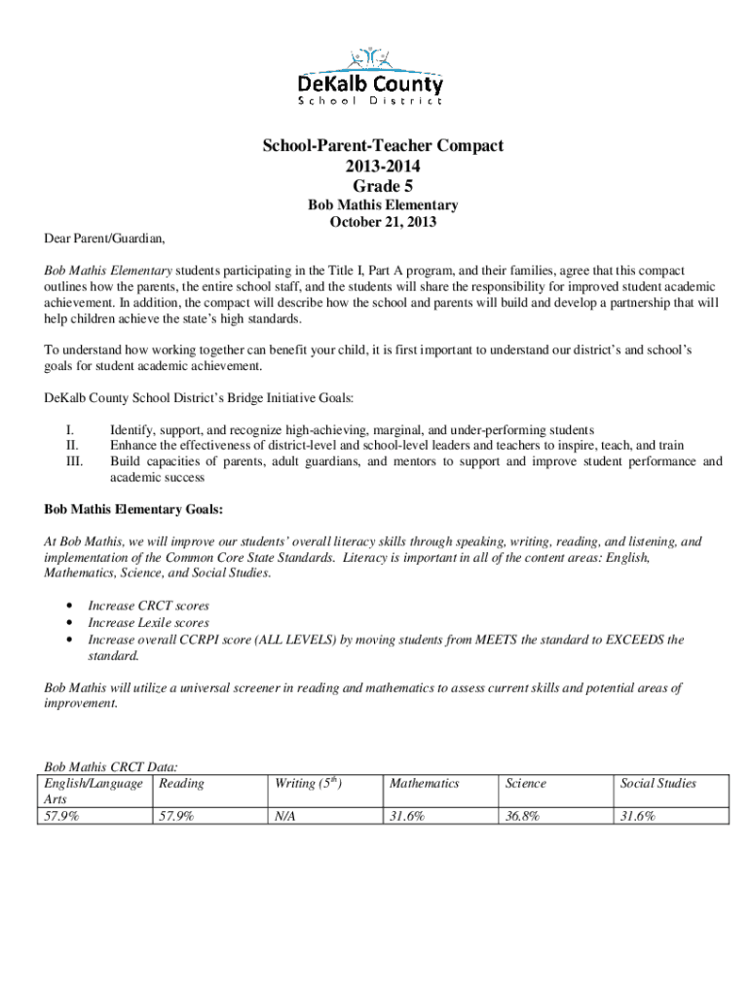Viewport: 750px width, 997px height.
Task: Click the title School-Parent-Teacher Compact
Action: pos(382,146)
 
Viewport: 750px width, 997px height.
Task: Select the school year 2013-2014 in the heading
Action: pos(382,166)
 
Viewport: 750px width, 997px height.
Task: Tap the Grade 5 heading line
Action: pos(382,185)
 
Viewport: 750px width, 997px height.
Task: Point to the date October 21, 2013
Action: pos(383,222)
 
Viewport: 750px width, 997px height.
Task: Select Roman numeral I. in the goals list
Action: pos(69,429)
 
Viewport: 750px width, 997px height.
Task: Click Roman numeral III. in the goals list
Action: pos(74,462)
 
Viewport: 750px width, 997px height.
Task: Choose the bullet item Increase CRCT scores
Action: pos(148,606)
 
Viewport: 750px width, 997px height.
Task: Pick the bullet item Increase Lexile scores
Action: pos(148,622)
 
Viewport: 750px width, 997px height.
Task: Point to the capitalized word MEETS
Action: pos(498,640)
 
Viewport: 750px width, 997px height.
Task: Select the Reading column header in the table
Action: pos(181,783)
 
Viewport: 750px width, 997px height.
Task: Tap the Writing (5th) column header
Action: pos(312,783)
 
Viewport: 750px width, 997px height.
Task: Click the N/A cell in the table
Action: pos(285,817)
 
